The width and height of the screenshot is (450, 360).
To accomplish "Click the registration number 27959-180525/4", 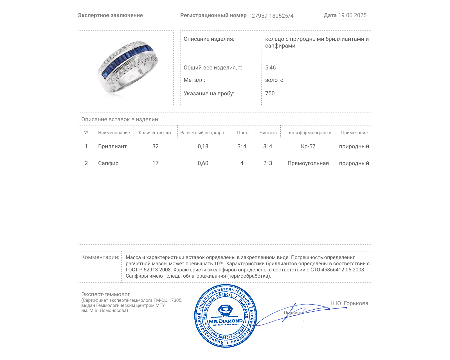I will [272, 16].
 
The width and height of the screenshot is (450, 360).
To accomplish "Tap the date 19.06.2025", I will [352, 15].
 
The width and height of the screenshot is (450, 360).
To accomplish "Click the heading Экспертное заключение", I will [110, 15].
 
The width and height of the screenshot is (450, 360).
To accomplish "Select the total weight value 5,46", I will [270, 67].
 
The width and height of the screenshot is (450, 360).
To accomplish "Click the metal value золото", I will [274, 80].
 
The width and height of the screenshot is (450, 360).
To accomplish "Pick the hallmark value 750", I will [270, 93].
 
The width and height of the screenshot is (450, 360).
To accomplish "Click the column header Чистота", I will [268, 133].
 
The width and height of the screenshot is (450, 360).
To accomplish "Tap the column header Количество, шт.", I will [155, 133].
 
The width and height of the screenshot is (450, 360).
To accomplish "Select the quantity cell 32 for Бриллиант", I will [155, 146].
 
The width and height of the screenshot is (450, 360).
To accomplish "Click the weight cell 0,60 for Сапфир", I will [203, 163].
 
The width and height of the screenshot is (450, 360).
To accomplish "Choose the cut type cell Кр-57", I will [308, 146].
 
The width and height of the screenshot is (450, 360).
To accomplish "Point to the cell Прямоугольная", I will [308, 163].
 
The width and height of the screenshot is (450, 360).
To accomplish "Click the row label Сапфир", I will [108, 163].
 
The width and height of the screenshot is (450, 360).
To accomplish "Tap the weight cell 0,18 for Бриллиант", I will [203, 146].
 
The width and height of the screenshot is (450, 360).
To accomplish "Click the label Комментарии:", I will [100, 257].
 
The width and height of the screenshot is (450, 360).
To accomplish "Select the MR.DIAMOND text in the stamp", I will [226, 321].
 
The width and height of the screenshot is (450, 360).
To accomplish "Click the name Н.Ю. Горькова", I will [349, 303].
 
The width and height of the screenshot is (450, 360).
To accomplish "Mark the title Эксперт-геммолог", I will [105, 294].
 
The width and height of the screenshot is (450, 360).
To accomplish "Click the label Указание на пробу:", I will [209, 93].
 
